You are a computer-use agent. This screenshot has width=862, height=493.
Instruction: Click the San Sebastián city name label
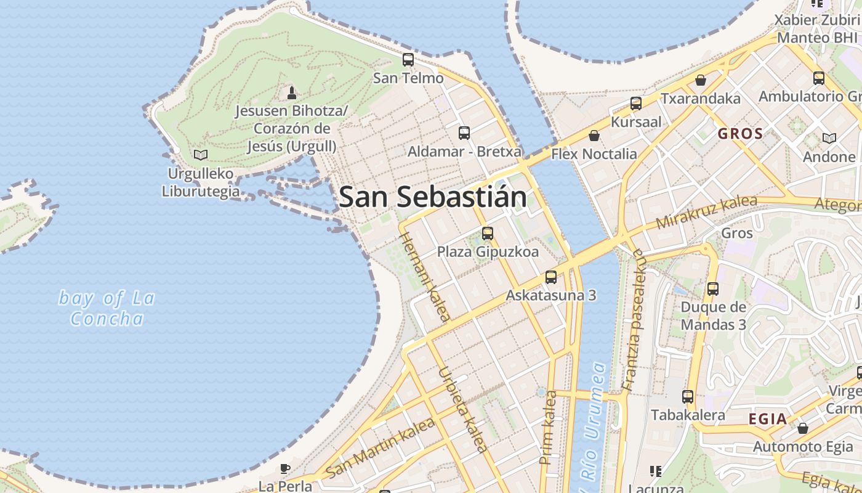tap(433, 197)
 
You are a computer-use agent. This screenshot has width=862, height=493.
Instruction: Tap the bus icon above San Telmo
tap(408, 60)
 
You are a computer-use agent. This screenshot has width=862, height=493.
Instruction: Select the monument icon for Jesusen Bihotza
tap(292, 92)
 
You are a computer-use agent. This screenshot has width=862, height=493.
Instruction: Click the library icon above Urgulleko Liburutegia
tap(200, 155)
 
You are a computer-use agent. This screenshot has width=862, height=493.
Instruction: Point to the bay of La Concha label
tap(107, 308)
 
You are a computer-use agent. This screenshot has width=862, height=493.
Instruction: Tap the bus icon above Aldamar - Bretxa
tap(464, 132)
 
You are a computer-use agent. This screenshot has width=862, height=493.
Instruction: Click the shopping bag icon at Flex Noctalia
tap(594, 136)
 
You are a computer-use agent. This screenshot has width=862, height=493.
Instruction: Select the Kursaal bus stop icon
tap(636, 104)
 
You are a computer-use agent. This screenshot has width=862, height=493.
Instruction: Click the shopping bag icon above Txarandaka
tap(700, 80)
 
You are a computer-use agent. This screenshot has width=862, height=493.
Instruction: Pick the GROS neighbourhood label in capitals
tap(740, 134)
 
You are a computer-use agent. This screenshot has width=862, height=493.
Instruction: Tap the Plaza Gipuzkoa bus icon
tap(488, 233)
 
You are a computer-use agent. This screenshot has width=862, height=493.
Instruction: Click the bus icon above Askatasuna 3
tap(551, 277)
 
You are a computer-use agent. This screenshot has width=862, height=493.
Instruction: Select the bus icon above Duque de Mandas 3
tap(713, 288)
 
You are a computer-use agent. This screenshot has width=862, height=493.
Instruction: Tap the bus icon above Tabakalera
tap(688, 397)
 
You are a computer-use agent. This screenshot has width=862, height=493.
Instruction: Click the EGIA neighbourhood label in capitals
tap(767, 420)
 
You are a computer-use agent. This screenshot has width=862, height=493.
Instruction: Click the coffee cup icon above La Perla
tap(285, 469)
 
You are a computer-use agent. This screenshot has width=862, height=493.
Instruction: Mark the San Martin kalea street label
tap(381, 447)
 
